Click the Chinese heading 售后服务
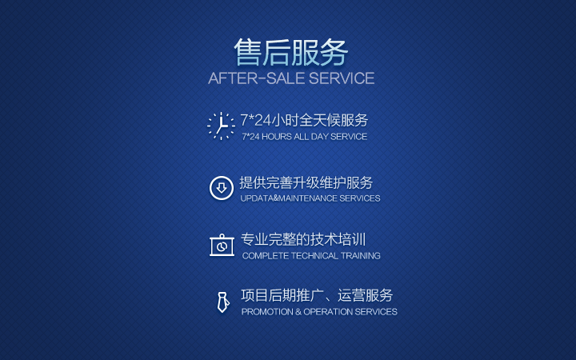[291, 53]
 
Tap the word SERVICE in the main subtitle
[342, 78]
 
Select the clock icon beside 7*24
[221, 126]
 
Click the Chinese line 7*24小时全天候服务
[304, 120]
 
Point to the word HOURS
[277, 137]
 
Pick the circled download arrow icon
[221, 188]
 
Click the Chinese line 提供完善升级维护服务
[306, 182]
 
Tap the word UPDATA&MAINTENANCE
[288, 198]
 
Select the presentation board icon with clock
[221, 245]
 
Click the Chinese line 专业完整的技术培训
[302, 239]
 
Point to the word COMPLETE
[265, 256]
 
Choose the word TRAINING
[361, 256]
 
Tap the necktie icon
[222, 302]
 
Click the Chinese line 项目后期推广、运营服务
[317, 295]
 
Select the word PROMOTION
[267, 312]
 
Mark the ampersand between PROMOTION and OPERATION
[298, 312]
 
